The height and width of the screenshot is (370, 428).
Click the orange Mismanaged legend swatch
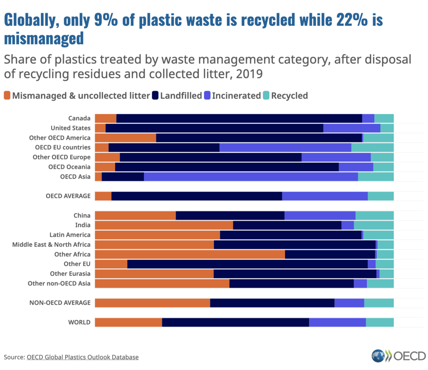click(x=7, y=95)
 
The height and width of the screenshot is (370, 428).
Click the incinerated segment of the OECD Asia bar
click(x=251, y=177)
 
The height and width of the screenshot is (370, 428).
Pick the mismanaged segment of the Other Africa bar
click(x=190, y=254)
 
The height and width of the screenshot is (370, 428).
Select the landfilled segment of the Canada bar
click(x=239, y=119)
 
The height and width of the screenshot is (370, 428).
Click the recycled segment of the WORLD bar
click(x=380, y=322)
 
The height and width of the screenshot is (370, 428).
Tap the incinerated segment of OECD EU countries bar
click(x=285, y=147)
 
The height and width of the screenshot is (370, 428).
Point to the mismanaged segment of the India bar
click(x=164, y=225)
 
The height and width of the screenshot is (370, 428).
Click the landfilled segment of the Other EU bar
click(x=247, y=264)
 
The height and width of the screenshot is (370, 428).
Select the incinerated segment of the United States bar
click(x=352, y=128)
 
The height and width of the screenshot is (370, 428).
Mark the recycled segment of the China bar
click(x=374, y=216)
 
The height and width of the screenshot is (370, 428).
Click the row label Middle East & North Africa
click(x=51, y=245)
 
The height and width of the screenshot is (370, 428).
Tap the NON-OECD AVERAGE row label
click(x=60, y=303)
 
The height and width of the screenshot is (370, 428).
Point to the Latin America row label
click(x=70, y=235)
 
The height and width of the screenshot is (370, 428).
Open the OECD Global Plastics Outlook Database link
click(x=82, y=357)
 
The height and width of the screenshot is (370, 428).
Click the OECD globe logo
click(x=378, y=356)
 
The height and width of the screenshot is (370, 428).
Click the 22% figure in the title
click(x=352, y=20)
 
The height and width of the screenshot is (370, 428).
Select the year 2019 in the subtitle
click(x=249, y=74)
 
